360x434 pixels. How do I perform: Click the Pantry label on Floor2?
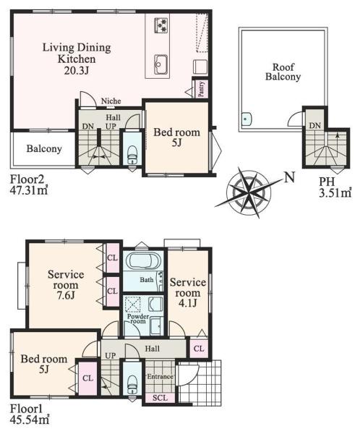tap(202, 89)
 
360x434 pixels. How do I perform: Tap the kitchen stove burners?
tap(161, 25)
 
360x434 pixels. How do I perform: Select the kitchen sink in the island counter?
tap(160, 64)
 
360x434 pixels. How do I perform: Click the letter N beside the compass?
tap(289, 177)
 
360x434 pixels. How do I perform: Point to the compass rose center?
tap(249, 191)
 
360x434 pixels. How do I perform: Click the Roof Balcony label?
tap(283, 72)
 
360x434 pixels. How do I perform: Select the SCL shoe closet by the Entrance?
tap(160, 398)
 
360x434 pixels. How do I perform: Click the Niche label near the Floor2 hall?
tap(111, 101)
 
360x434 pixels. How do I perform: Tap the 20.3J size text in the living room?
tap(77, 71)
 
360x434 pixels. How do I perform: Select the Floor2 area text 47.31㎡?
tap(29, 191)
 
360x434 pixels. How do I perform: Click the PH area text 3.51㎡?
tap(335, 192)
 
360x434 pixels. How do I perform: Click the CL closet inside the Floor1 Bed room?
tap(87, 378)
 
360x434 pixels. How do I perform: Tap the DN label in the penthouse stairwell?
tap(314, 126)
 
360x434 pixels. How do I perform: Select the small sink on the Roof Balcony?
tap(246, 119)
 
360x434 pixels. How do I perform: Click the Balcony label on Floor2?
tap(44, 149)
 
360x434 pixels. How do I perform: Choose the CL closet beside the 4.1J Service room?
tap(199, 349)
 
